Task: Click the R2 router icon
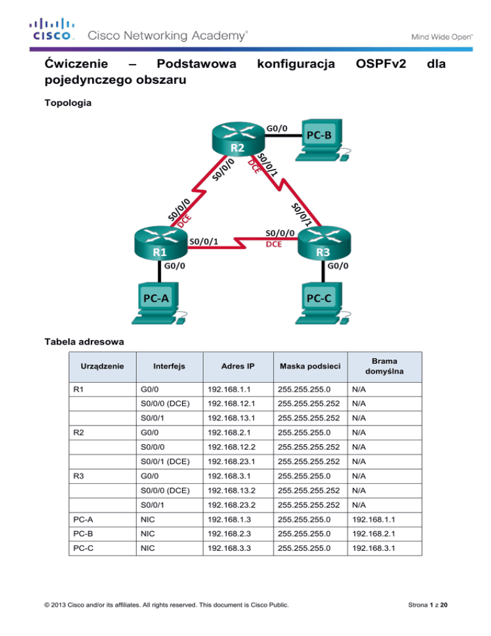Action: coord(237,138)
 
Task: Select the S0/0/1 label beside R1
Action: coord(205,241)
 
